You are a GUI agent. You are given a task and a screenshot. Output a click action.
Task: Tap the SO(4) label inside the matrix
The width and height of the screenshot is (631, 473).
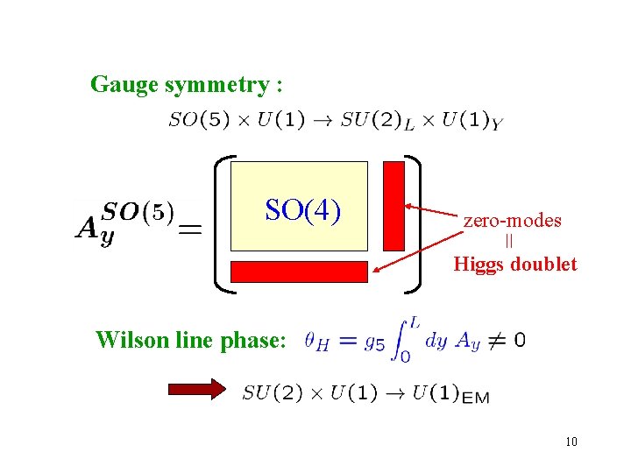[x=302, y=211]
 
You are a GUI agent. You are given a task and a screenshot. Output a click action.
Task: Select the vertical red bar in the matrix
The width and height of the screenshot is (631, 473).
[x=394, y=206]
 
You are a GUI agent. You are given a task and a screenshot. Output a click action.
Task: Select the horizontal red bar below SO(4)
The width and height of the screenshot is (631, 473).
[x=299, y=272]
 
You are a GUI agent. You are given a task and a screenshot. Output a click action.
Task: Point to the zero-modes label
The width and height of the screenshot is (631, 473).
[x=512, y=221]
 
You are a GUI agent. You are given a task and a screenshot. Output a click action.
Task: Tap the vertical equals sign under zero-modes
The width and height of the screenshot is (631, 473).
[x=508, y=242]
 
